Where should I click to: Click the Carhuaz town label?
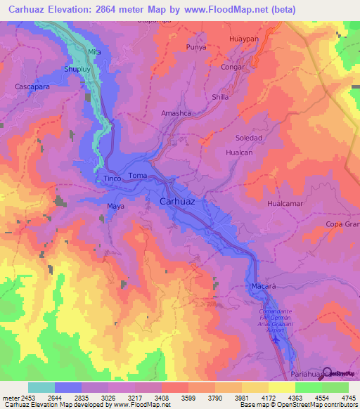point(182,201)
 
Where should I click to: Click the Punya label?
point(196,47)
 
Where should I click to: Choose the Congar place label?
point(232,67)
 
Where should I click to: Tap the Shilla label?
point(220,97)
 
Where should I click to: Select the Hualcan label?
point(240,151)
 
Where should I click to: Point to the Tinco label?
point(112,178)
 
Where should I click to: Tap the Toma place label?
point(137,175)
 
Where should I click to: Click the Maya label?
point(115,206)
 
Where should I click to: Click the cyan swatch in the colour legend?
point(41,387)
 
